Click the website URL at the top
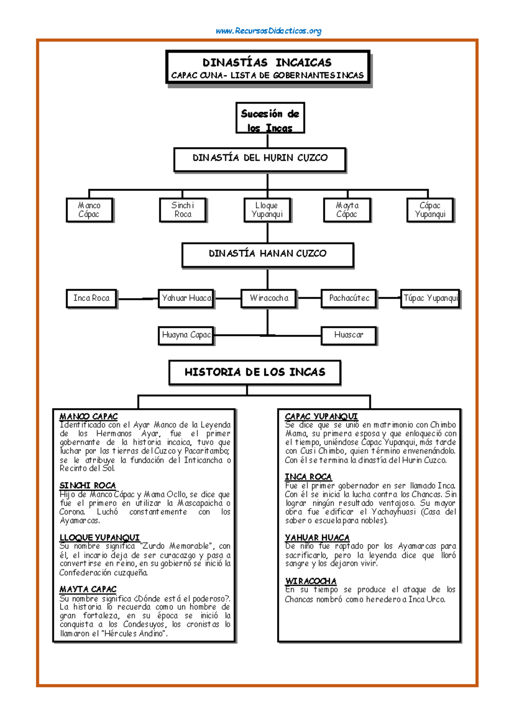click(x=269, y=31)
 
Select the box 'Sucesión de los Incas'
click(x=270, y=118)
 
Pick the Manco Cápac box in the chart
click(x=89, y=210)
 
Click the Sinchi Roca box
click(x=183, y=210)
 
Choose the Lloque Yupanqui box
click(x=267, y=210)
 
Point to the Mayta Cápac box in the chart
click(x=347, y=210)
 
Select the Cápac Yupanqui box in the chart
click(x=430, y=210)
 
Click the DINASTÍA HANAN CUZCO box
click(x=268, y=255)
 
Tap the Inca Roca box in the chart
click(x=92, y=298)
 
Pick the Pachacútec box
click(x=349, y=298)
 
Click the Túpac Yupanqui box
click(x=430, y=298)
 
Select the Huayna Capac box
click(x=186, y=335)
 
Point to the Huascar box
click(x=349, y=335)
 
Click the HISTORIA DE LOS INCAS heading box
click(x=255, y=372)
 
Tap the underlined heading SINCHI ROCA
click(x=88, y=486)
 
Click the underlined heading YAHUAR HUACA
click(x=317, y=537)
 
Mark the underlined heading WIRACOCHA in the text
click(x=311, y=581)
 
